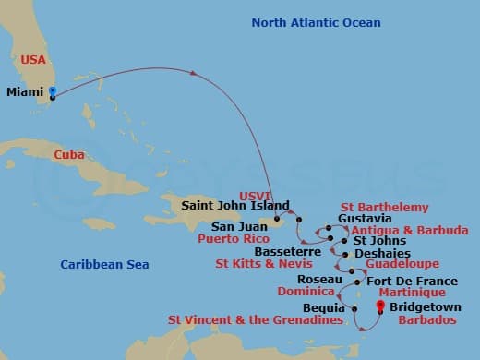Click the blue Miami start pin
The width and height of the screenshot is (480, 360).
53,91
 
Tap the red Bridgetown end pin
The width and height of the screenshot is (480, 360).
379,306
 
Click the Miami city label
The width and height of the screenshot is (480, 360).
24,92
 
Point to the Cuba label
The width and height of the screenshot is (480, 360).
69,155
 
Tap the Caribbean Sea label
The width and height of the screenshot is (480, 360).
104,265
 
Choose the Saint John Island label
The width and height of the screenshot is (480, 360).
235,205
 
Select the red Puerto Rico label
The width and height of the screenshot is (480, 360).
233,237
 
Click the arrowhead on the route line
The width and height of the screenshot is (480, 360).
195,73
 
